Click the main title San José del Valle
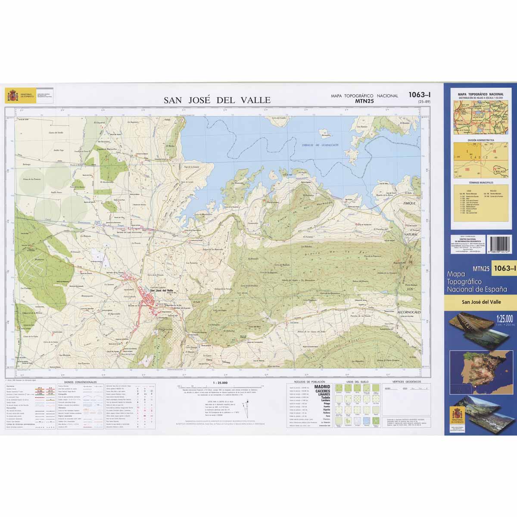tap(217, 100)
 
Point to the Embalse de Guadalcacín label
tap(320, 145)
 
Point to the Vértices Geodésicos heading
tap(404, 382)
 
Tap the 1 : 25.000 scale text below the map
tap(220, 382)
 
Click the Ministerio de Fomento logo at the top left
tap(12, 96)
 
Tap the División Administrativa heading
tap(480, 140)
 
